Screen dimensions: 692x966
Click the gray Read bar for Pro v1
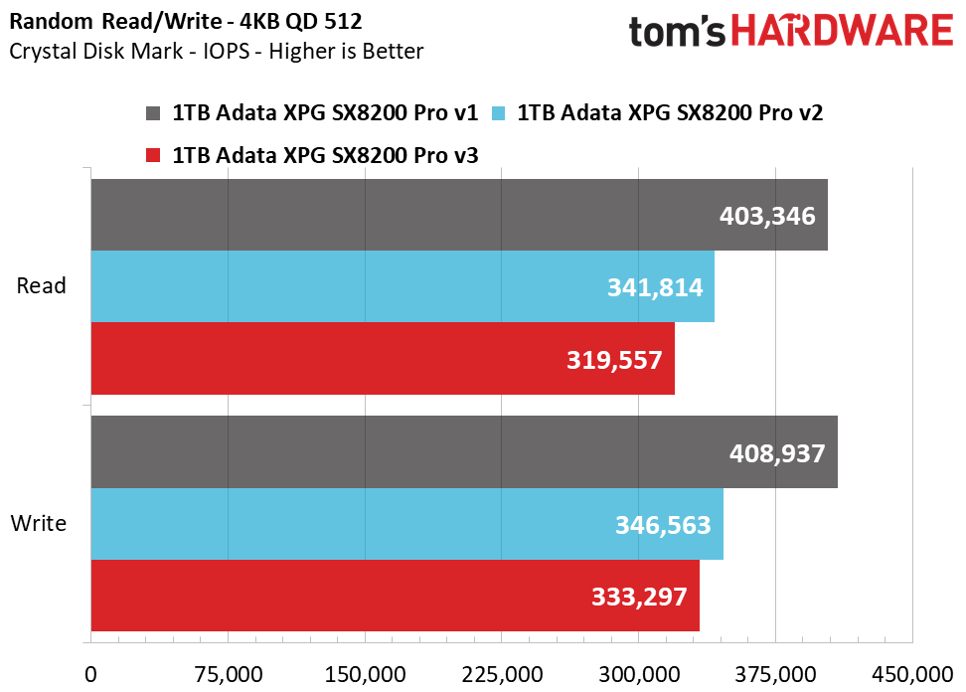coord(398,215)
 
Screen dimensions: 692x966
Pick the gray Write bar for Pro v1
coord(398,452)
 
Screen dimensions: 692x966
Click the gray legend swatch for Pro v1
coord(153,113)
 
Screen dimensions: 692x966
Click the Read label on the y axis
coord(42,286)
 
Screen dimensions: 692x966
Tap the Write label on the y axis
coord(39,523)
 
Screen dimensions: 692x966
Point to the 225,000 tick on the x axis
coord(501,674)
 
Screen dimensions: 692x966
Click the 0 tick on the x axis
coord(91,674)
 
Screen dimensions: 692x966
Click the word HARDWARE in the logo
coord(846,32)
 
